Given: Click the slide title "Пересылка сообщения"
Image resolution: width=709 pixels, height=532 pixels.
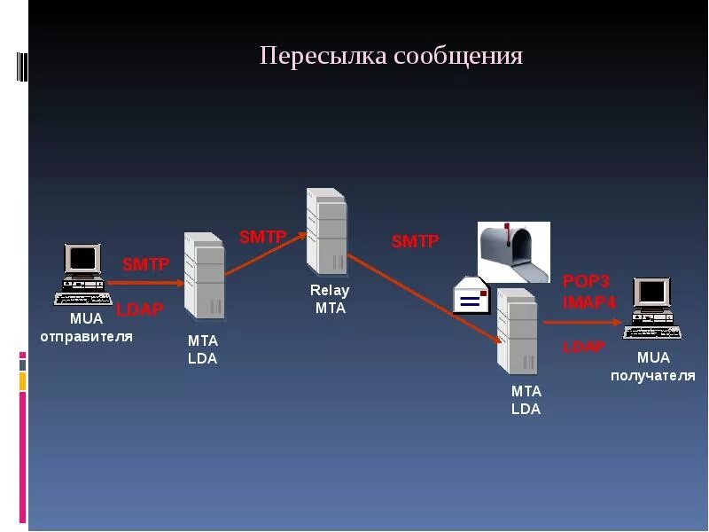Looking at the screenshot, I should [x=391, y=57].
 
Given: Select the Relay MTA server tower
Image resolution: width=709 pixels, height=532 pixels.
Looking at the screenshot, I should [x=325, y=230].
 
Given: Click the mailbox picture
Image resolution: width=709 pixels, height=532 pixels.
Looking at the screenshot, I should [x=513, y=252].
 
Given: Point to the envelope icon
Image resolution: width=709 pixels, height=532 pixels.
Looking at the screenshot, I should [x=471, y=297].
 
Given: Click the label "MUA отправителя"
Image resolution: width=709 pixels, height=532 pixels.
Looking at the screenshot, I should [x=86, y=327].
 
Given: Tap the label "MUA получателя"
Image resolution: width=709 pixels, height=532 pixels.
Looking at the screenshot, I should [x=653, y=366].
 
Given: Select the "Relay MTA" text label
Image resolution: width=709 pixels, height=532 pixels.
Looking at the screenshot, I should [x=330, y=299].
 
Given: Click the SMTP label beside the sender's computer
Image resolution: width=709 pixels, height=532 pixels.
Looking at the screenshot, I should [x=145, y=263].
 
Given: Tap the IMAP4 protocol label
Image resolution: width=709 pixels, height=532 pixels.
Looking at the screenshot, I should [x=588, y=301].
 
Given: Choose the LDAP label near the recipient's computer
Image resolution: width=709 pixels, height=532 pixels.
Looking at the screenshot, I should [x=584, y=346].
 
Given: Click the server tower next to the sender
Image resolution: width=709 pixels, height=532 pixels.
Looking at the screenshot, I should [x=204, y=275].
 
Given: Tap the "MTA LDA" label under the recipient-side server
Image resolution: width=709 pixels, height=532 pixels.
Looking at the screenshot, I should [x=526, y=400].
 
